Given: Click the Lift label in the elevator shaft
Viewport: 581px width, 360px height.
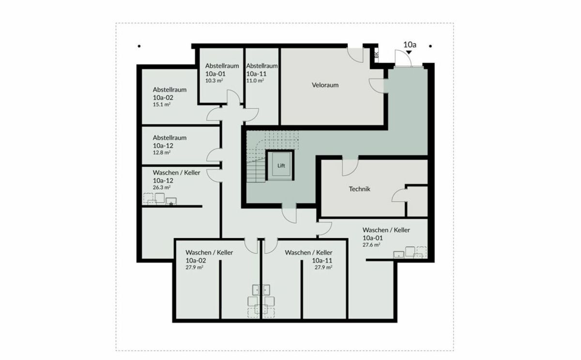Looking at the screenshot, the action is tap(281, 165).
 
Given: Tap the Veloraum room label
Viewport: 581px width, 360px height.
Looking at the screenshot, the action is tap(325, 85).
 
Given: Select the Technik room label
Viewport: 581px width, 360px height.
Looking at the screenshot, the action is tap(359, 189).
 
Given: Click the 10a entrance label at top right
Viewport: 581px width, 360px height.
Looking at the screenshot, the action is tap(410, 45).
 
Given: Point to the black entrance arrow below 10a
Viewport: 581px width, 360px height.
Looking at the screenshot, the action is tap(409, 52).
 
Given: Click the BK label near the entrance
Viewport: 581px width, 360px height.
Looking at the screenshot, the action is tap(376, 55).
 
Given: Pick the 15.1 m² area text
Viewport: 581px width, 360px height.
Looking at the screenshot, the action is tap(161, 105).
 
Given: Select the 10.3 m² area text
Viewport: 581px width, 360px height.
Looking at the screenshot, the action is tap(214, 81).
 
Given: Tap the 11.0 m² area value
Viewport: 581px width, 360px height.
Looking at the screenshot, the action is tap(255, 81).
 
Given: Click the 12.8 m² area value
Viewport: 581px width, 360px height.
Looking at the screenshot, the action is tap(161, 152).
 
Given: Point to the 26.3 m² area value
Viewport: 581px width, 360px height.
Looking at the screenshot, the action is tap(161, 187).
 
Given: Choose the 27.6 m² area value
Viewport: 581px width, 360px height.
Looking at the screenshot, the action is tap(371, 245).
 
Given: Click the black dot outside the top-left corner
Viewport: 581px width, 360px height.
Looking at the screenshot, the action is tap(139, 46).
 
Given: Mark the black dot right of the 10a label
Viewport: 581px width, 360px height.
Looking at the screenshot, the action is tap(430, 46).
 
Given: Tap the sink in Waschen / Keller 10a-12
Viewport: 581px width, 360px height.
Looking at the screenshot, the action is tap(171, 201).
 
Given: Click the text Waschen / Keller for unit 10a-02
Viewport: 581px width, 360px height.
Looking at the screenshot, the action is tap(209, 253).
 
